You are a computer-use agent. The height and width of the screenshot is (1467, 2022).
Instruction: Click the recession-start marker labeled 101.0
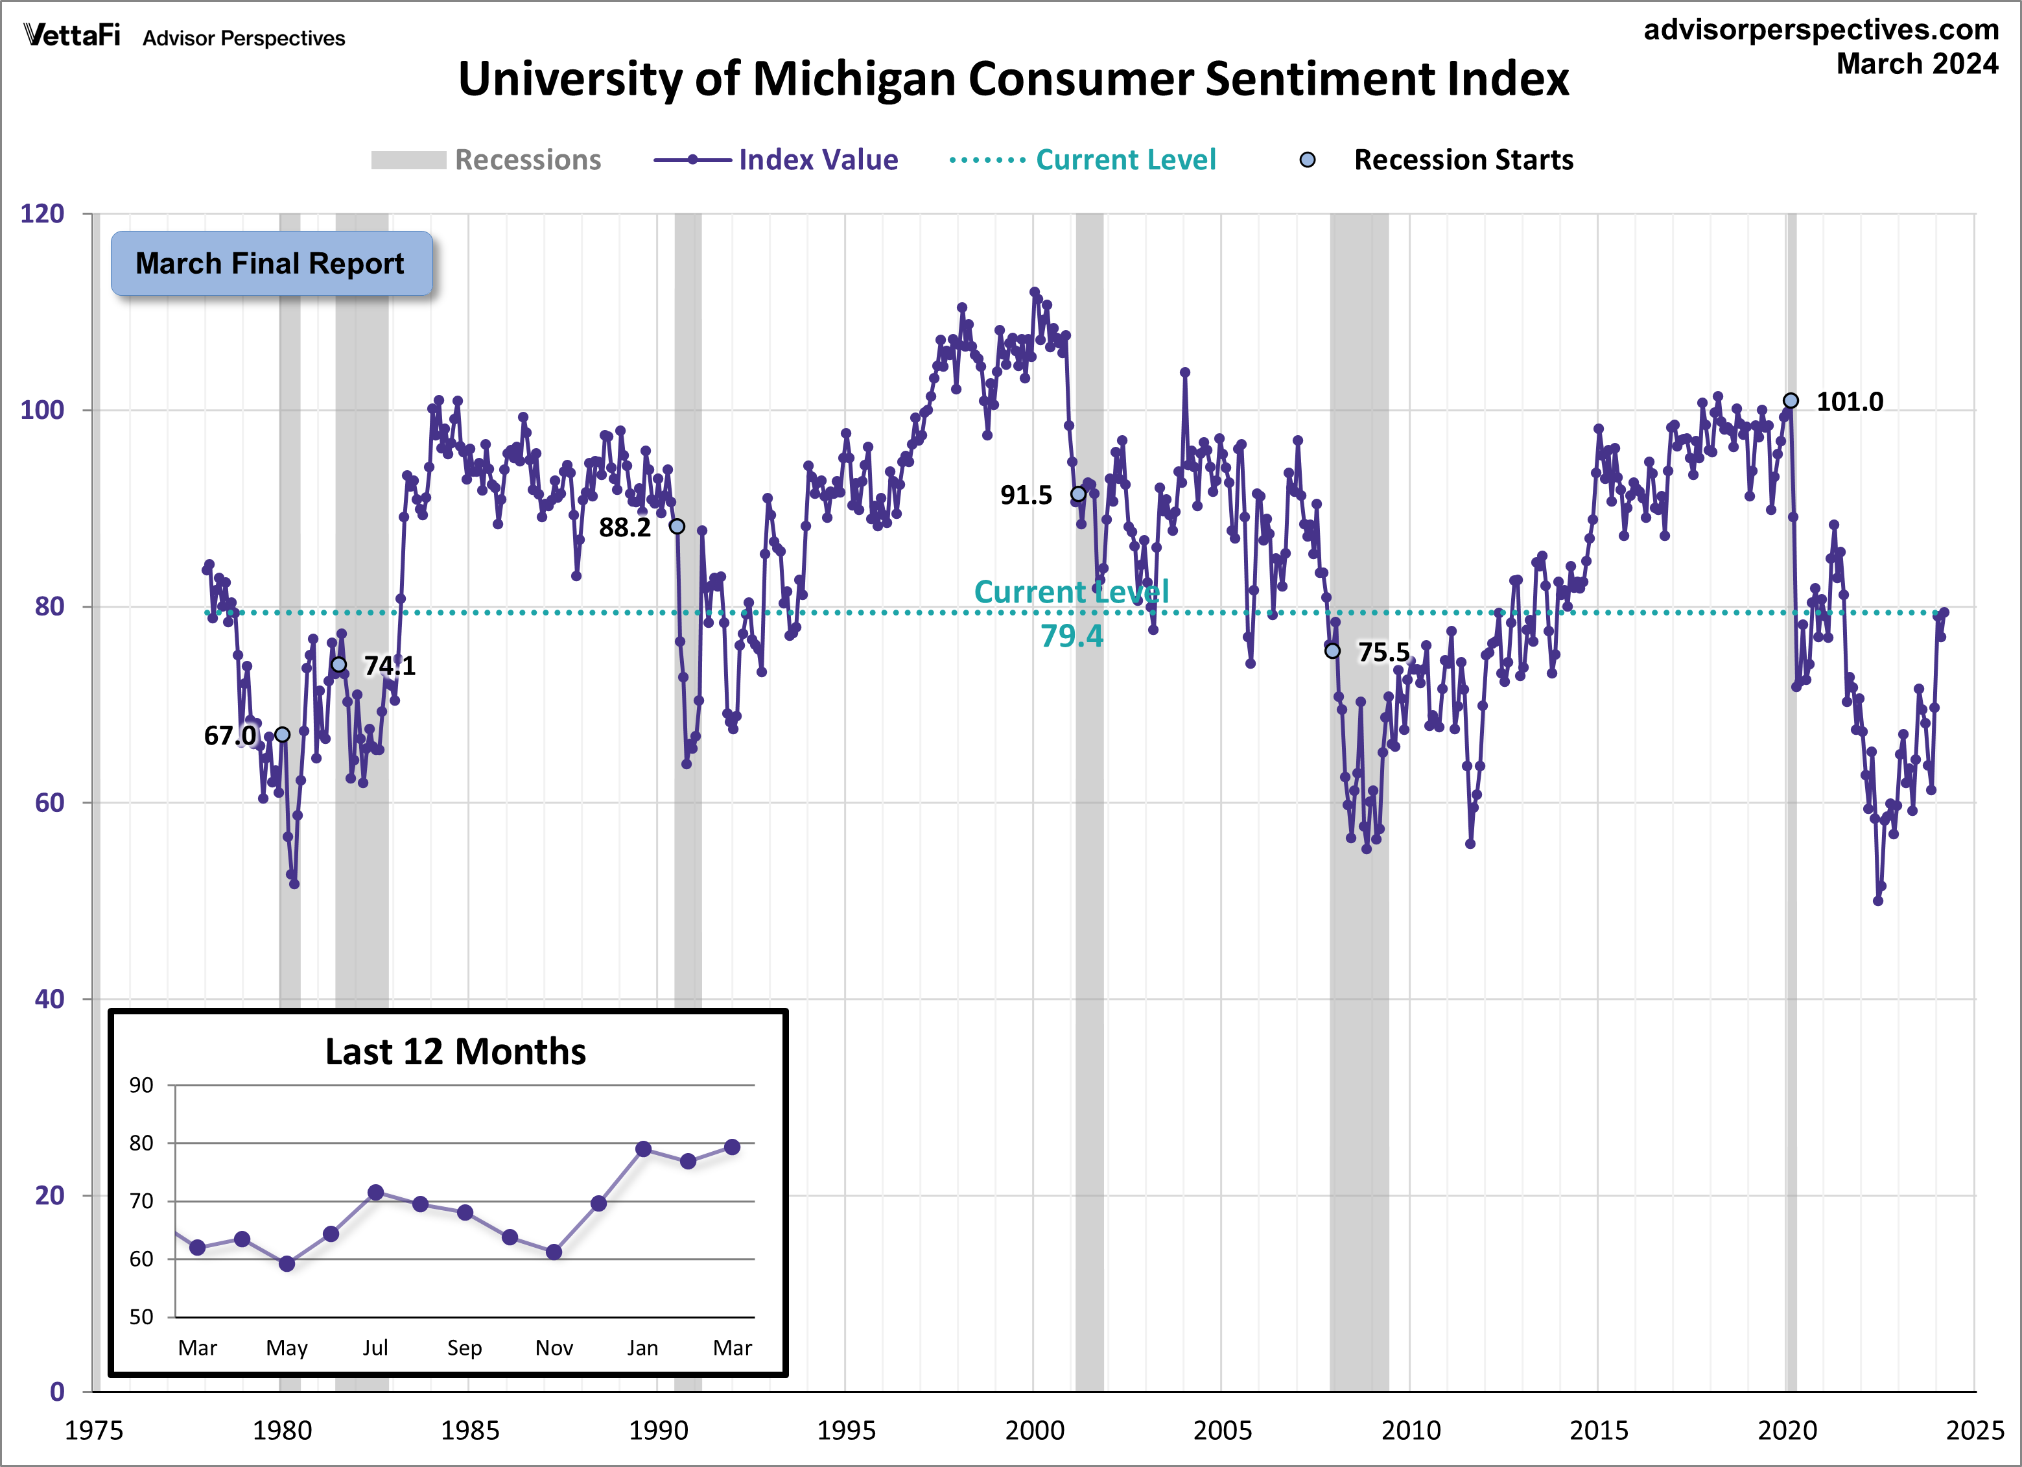[x=1790, y=400]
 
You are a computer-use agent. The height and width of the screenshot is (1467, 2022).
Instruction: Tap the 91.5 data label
[x=1026, y=495]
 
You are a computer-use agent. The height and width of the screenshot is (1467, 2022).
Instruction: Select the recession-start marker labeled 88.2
[x=677, y=526]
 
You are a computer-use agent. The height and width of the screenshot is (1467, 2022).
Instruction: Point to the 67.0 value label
[x=229, y=735]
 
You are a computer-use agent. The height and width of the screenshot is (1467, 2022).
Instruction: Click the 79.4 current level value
[x=1071, y=636]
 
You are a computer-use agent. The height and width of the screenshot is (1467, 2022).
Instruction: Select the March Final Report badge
[x=271, y=264]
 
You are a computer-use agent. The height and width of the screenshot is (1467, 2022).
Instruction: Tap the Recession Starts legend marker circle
[x=1307, y=160]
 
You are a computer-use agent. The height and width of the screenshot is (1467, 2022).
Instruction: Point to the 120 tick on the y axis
[x=42, y=214]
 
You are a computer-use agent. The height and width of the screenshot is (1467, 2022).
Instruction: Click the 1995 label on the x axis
[x=845, y=1431]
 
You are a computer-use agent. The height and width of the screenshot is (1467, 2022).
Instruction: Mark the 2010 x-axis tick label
[x=1411, y=1431]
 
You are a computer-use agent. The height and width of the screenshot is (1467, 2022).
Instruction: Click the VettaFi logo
[x=71, y=36]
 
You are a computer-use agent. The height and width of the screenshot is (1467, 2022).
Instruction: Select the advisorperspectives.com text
[x=1820, y=29]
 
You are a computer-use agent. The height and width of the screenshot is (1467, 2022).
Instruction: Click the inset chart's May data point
[x=286, y=1263]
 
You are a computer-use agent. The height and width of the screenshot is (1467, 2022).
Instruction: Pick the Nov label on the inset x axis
[x=554, y=1348]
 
